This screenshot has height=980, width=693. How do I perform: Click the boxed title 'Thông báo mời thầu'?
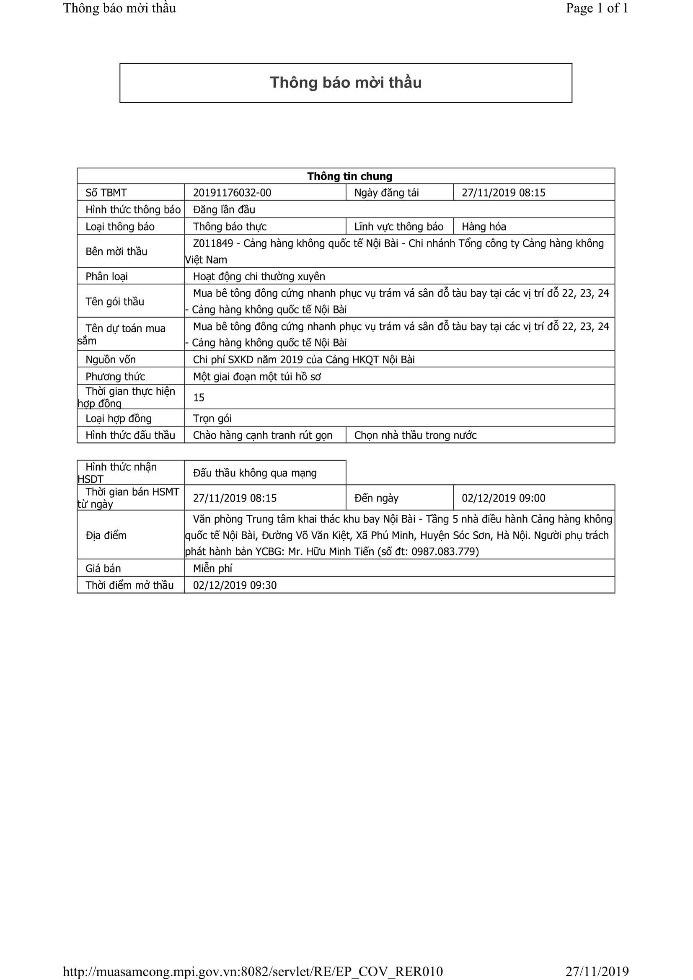click(346, 83)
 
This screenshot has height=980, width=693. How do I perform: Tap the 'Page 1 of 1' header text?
click(597, 8)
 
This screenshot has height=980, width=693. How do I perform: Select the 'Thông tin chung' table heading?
click(349, 176)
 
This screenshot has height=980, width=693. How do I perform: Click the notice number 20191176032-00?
click(232, 192)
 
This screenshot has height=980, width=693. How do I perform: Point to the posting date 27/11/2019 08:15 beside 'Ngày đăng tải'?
click(503, 192)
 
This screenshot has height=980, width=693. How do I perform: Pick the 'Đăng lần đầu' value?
click(224, 209)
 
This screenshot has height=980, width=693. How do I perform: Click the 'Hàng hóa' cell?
click(484, 227)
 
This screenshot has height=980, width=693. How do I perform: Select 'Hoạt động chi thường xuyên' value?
click(259, 277)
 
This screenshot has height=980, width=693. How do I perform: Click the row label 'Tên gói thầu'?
click(115, 301)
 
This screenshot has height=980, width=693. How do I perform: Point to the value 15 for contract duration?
click(199, 397)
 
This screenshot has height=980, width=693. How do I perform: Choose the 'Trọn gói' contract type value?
click(212, 418)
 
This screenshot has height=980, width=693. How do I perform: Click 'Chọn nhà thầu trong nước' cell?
click(415, 435)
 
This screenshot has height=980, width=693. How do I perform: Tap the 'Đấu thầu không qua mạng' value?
click(255, 473)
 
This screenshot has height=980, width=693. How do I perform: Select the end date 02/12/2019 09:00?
click(503, 498)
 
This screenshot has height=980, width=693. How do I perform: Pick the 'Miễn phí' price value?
click(212, 568)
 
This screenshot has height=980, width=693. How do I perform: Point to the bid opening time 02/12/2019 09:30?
click(235, 585)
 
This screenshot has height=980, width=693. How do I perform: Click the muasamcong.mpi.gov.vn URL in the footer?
click(253, 972)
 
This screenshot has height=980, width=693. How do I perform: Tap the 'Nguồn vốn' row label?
click(111, 359)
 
